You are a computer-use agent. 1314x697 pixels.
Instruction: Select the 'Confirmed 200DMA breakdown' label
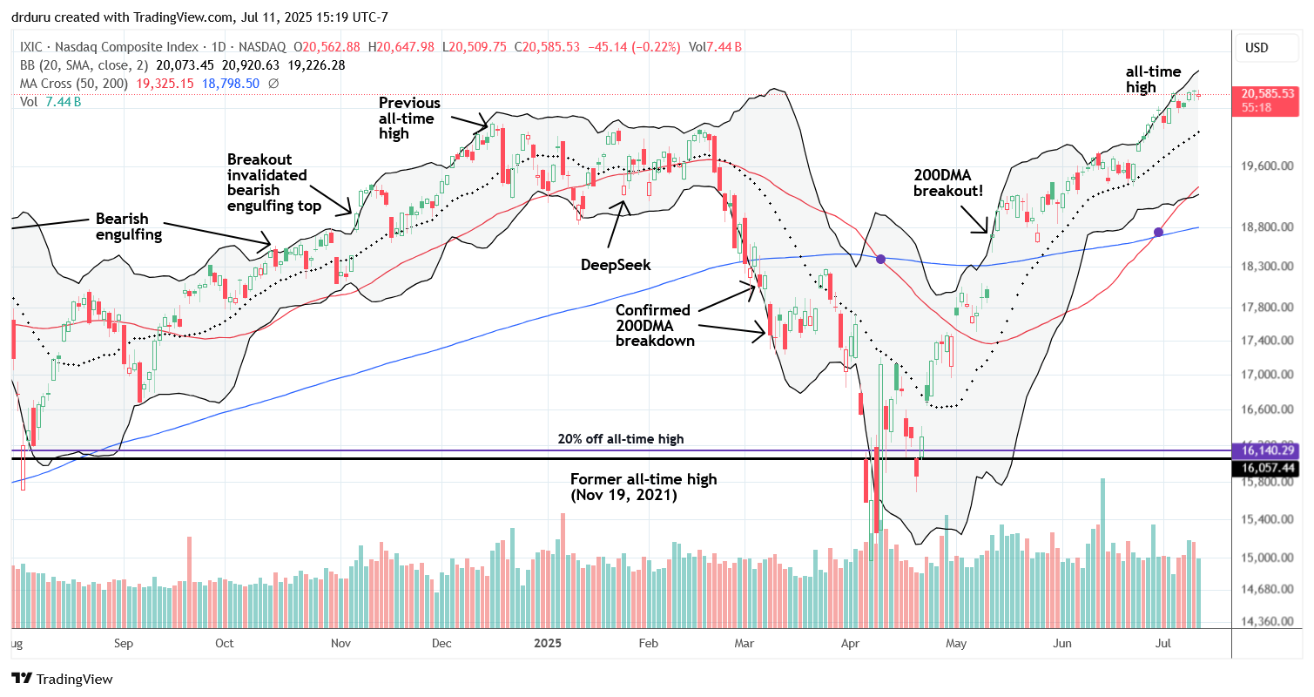pos(653,325)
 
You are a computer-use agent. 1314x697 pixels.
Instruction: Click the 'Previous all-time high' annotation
pos(409,118)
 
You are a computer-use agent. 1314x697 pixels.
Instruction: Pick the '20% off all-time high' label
pos(621,439)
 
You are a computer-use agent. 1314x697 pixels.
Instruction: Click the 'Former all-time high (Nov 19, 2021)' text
pos(644,486)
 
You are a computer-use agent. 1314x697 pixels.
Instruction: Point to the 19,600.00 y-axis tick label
pos(1265,166)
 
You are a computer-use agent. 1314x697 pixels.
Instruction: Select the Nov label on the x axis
pos(340,645)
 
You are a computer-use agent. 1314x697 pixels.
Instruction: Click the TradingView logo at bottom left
pos(62,679)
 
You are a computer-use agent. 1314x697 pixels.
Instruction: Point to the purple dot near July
pos(1158,232)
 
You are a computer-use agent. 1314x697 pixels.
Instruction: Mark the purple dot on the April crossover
pos(881,259)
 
